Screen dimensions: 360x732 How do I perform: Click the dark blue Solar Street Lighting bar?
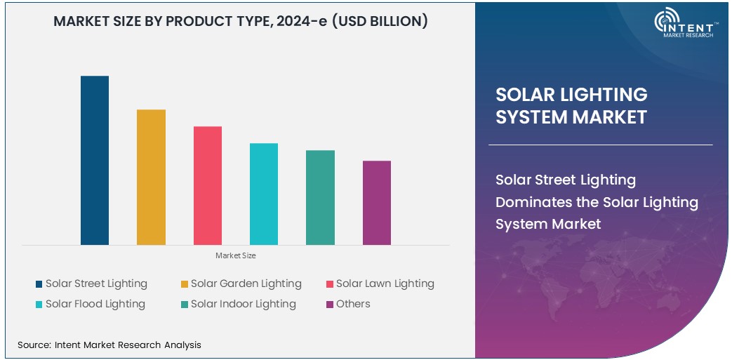(95, 161)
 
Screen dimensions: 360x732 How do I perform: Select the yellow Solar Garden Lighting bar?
(151, 178)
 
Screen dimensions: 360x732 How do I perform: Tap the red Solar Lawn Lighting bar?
(208, 186)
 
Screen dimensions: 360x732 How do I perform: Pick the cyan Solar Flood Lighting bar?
(264, 194)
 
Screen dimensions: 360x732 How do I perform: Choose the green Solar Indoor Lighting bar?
(320, 198)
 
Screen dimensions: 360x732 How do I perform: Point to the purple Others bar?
(377, 203)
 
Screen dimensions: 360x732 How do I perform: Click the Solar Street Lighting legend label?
(96, 284)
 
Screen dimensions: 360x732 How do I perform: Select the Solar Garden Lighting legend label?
(246, 284)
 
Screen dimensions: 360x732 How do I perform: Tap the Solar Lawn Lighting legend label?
(385, 284)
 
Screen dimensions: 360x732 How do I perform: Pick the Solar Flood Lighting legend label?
(95, 304)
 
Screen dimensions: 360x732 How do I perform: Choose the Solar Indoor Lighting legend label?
(243, 304)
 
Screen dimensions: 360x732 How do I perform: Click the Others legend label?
(353, 304)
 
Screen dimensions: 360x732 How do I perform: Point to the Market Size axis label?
(235, 255)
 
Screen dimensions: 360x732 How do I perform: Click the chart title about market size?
(241, 21)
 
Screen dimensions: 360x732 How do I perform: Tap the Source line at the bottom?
(109, 345)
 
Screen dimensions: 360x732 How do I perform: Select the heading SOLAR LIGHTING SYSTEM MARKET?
(571, 105)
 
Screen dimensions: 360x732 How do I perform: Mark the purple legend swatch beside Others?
(329, 305)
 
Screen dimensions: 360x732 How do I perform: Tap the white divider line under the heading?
(600, 145)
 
